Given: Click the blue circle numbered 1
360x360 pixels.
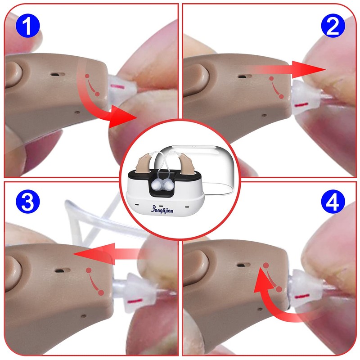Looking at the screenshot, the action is (28, 26).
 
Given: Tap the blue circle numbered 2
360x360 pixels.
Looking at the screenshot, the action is (333, 26).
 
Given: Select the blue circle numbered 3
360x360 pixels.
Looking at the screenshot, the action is (28, 202).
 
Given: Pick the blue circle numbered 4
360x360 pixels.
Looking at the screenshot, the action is (333, 202).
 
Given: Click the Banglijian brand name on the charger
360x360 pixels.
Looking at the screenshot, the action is (162, 209).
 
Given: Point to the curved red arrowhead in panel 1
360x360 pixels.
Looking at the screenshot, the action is (121, 117).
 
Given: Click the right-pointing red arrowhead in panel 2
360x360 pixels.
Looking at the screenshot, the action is (308, 69).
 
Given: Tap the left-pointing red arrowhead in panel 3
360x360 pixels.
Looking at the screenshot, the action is (94, 253).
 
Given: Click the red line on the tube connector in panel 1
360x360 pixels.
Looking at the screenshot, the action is (117, 86).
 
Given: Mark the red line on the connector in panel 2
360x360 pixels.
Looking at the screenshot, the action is (301, 105).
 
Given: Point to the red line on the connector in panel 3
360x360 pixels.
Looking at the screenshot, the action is (135, 301).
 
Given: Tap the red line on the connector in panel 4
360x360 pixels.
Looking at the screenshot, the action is (301, 297).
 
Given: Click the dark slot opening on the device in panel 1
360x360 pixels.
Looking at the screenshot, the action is (58, 74).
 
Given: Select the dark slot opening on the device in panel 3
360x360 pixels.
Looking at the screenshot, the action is (63, 270).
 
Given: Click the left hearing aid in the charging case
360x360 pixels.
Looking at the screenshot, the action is (143, 163).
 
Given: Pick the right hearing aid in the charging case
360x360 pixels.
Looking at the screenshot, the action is (186, 163).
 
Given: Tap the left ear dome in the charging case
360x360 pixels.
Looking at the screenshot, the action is (156, 184).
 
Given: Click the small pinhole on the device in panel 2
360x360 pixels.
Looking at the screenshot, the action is (264, 115).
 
